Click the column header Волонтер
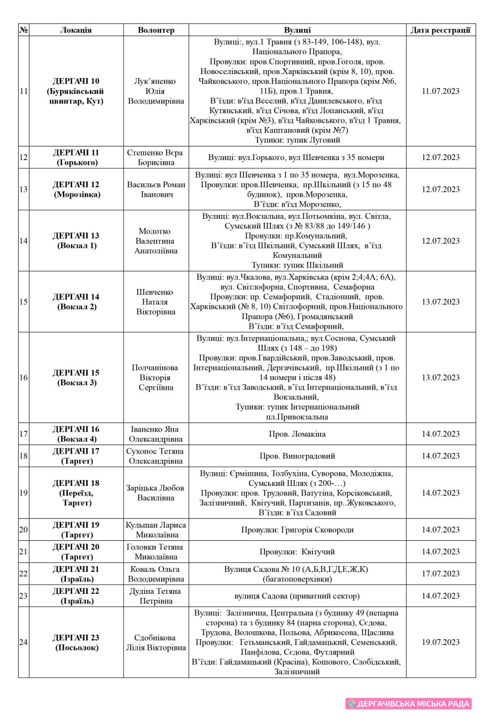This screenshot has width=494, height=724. point(156,30)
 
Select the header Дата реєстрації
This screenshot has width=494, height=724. point(440,30)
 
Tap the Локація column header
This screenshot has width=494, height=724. point(76,30)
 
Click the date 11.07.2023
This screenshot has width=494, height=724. point(440,91)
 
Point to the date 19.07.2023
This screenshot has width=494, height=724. point(440,642)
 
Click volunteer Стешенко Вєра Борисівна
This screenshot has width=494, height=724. point(156,157)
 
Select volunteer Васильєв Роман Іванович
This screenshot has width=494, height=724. point(156,189)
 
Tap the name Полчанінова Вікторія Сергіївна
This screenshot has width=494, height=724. point(156,377)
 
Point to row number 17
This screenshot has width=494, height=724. point(24,434)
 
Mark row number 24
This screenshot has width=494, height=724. point(24,642)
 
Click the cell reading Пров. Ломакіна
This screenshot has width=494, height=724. point(297,434)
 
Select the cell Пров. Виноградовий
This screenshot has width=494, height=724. point(297,456)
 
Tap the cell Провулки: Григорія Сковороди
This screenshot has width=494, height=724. point(297,530)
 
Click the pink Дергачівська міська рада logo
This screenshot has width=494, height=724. point(409,704)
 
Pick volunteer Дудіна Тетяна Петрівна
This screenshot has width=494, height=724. point(156,596)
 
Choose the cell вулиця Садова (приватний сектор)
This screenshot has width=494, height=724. point(297,596)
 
